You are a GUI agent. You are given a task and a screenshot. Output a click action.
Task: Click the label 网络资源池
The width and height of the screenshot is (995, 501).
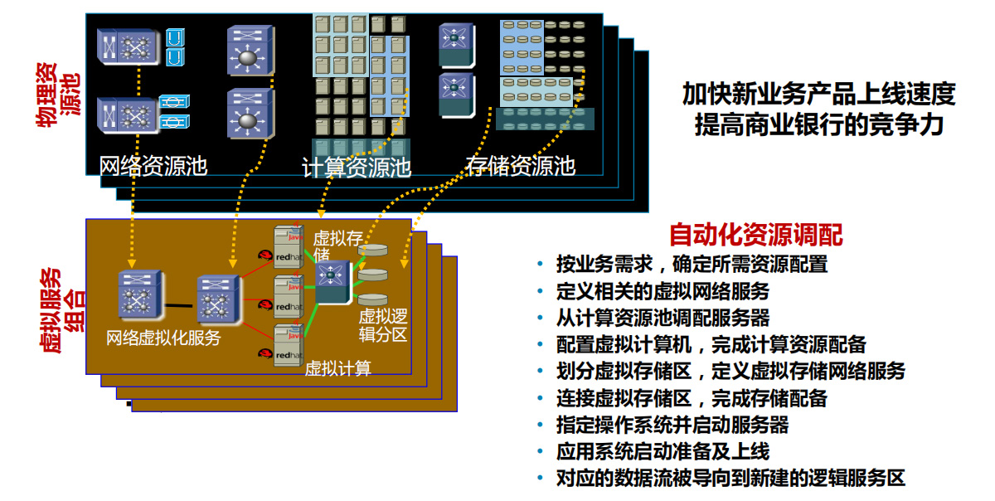coord(153,165)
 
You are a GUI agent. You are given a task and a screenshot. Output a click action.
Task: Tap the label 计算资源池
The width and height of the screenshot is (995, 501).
coord(357,168)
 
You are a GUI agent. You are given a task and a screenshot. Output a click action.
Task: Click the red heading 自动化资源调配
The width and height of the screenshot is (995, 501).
coord(755,236)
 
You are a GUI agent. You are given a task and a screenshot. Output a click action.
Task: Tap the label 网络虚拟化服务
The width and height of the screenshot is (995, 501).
coord(163,338)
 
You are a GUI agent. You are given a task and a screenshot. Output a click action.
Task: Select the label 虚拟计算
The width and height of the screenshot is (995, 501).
coord(337,367)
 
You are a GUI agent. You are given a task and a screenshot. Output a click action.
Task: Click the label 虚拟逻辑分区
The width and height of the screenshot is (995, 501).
coord(382,325)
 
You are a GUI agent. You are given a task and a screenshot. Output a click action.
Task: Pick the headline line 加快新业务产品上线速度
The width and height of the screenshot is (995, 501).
coord(818,94)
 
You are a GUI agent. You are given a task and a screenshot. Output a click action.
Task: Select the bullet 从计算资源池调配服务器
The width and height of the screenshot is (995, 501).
coord(663,318)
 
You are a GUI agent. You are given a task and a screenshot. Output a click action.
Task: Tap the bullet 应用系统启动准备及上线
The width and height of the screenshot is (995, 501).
coord(663,452)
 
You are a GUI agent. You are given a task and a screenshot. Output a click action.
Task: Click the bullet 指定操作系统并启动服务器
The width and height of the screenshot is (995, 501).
coord(672,426)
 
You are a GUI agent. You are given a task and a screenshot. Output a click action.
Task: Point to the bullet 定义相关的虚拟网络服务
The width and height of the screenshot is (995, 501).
coord(663,291)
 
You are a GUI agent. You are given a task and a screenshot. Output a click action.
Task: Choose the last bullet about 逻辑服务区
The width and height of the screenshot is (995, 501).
coord(730,479)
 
